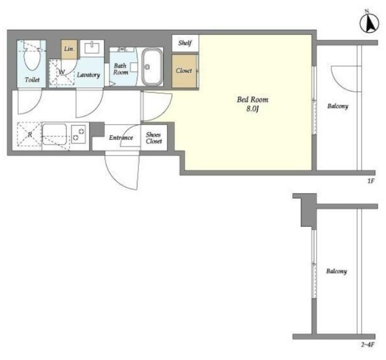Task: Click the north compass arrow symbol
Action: pos(369,23)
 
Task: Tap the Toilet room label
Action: pos(32,80)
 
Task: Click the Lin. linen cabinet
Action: pos(69,49)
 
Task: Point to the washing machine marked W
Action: pos(62,72)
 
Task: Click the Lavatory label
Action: pos(88,75)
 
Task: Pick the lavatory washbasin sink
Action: pos(92,48)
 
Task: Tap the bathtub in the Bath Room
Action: pos(152,67)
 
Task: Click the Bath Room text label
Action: pos(120,69)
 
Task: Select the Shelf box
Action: pos(185,43)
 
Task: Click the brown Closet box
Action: pos(184,71)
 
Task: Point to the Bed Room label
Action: pos(252,99)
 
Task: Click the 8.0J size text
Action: pos(252,109)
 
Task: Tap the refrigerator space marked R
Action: pos(29,135)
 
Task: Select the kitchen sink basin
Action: pos(55,134)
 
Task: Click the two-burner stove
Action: pos(79,135)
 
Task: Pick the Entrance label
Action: pos(121,138)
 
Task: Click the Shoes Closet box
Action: pos(154,138)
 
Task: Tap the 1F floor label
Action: pos(371,181)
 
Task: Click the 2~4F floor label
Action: pos(368,345)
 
